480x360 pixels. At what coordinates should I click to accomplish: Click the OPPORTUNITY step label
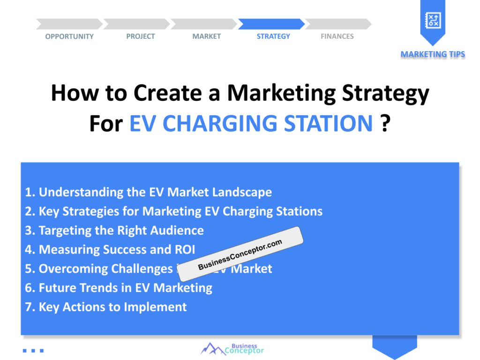(69, 37)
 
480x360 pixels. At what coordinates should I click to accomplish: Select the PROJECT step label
(140, 37)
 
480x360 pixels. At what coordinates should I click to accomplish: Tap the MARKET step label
(206, 37)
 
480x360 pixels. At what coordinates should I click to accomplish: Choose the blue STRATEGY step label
(273, 37)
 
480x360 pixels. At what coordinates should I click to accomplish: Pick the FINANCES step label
(337, 37)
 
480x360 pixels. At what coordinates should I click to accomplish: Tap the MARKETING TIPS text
(433, 54)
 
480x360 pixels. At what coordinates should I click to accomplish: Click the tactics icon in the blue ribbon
(432, 20)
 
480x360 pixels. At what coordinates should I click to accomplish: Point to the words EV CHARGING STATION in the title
(251, 124)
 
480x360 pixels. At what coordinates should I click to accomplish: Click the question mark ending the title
(385, 124)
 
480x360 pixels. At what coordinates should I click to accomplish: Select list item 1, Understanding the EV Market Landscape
(149, 192)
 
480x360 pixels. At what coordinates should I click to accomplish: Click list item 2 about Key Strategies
(174, 211)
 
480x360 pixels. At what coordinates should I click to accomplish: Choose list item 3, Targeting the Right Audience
(114, 231)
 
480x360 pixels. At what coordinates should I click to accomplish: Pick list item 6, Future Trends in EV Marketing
(119, 288)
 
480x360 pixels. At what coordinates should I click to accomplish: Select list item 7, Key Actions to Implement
(106, 307)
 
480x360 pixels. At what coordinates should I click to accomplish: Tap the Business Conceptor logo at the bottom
(232, 348)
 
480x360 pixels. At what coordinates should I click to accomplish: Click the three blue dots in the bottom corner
(33, 350)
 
